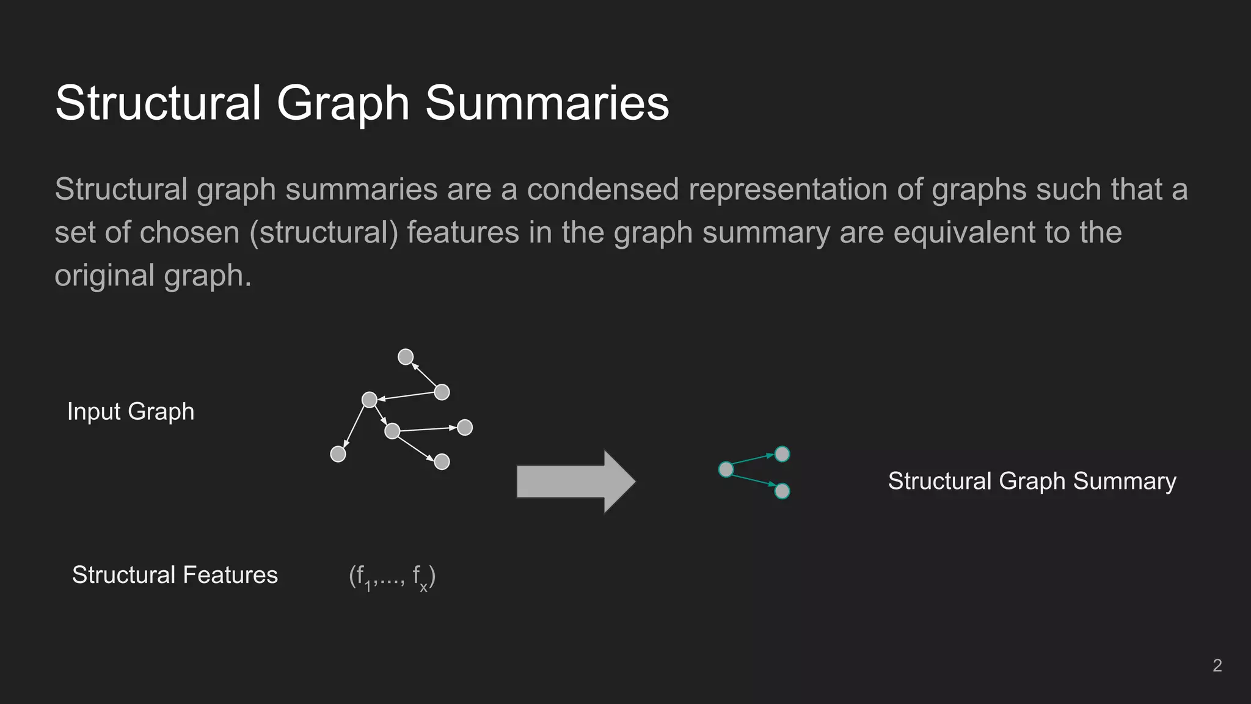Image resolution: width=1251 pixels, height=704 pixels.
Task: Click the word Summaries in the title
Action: click(547, 103)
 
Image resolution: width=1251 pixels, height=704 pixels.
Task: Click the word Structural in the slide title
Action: click(158, 103)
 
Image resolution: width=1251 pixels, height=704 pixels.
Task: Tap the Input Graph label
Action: click(131, 411)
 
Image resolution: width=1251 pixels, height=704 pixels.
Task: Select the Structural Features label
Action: click(175, 575)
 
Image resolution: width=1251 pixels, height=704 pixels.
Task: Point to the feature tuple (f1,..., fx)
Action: click(392, 577)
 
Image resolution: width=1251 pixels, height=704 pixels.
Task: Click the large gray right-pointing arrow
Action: click(575, 482)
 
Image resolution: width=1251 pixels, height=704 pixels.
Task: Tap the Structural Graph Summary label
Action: click(1032, 481)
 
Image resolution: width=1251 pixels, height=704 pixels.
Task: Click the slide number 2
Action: click(1217, 665)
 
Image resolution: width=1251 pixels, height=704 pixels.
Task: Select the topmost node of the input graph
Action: click(406, 357)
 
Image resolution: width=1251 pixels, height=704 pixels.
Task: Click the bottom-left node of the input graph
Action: click(338, 454)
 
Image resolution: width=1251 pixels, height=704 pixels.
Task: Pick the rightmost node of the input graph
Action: click(465, 427)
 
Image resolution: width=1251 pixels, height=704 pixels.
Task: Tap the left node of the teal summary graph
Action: click(726, 469)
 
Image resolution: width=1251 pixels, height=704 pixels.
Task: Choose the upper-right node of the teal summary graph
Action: click(782, 454)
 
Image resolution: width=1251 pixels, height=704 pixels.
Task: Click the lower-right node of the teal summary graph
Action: click(782, 491)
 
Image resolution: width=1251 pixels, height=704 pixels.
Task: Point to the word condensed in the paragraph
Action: click(602, 189)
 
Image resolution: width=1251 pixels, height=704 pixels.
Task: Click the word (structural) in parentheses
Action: click(324, 233)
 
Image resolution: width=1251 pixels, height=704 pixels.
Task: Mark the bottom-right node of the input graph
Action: click(442, 461)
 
